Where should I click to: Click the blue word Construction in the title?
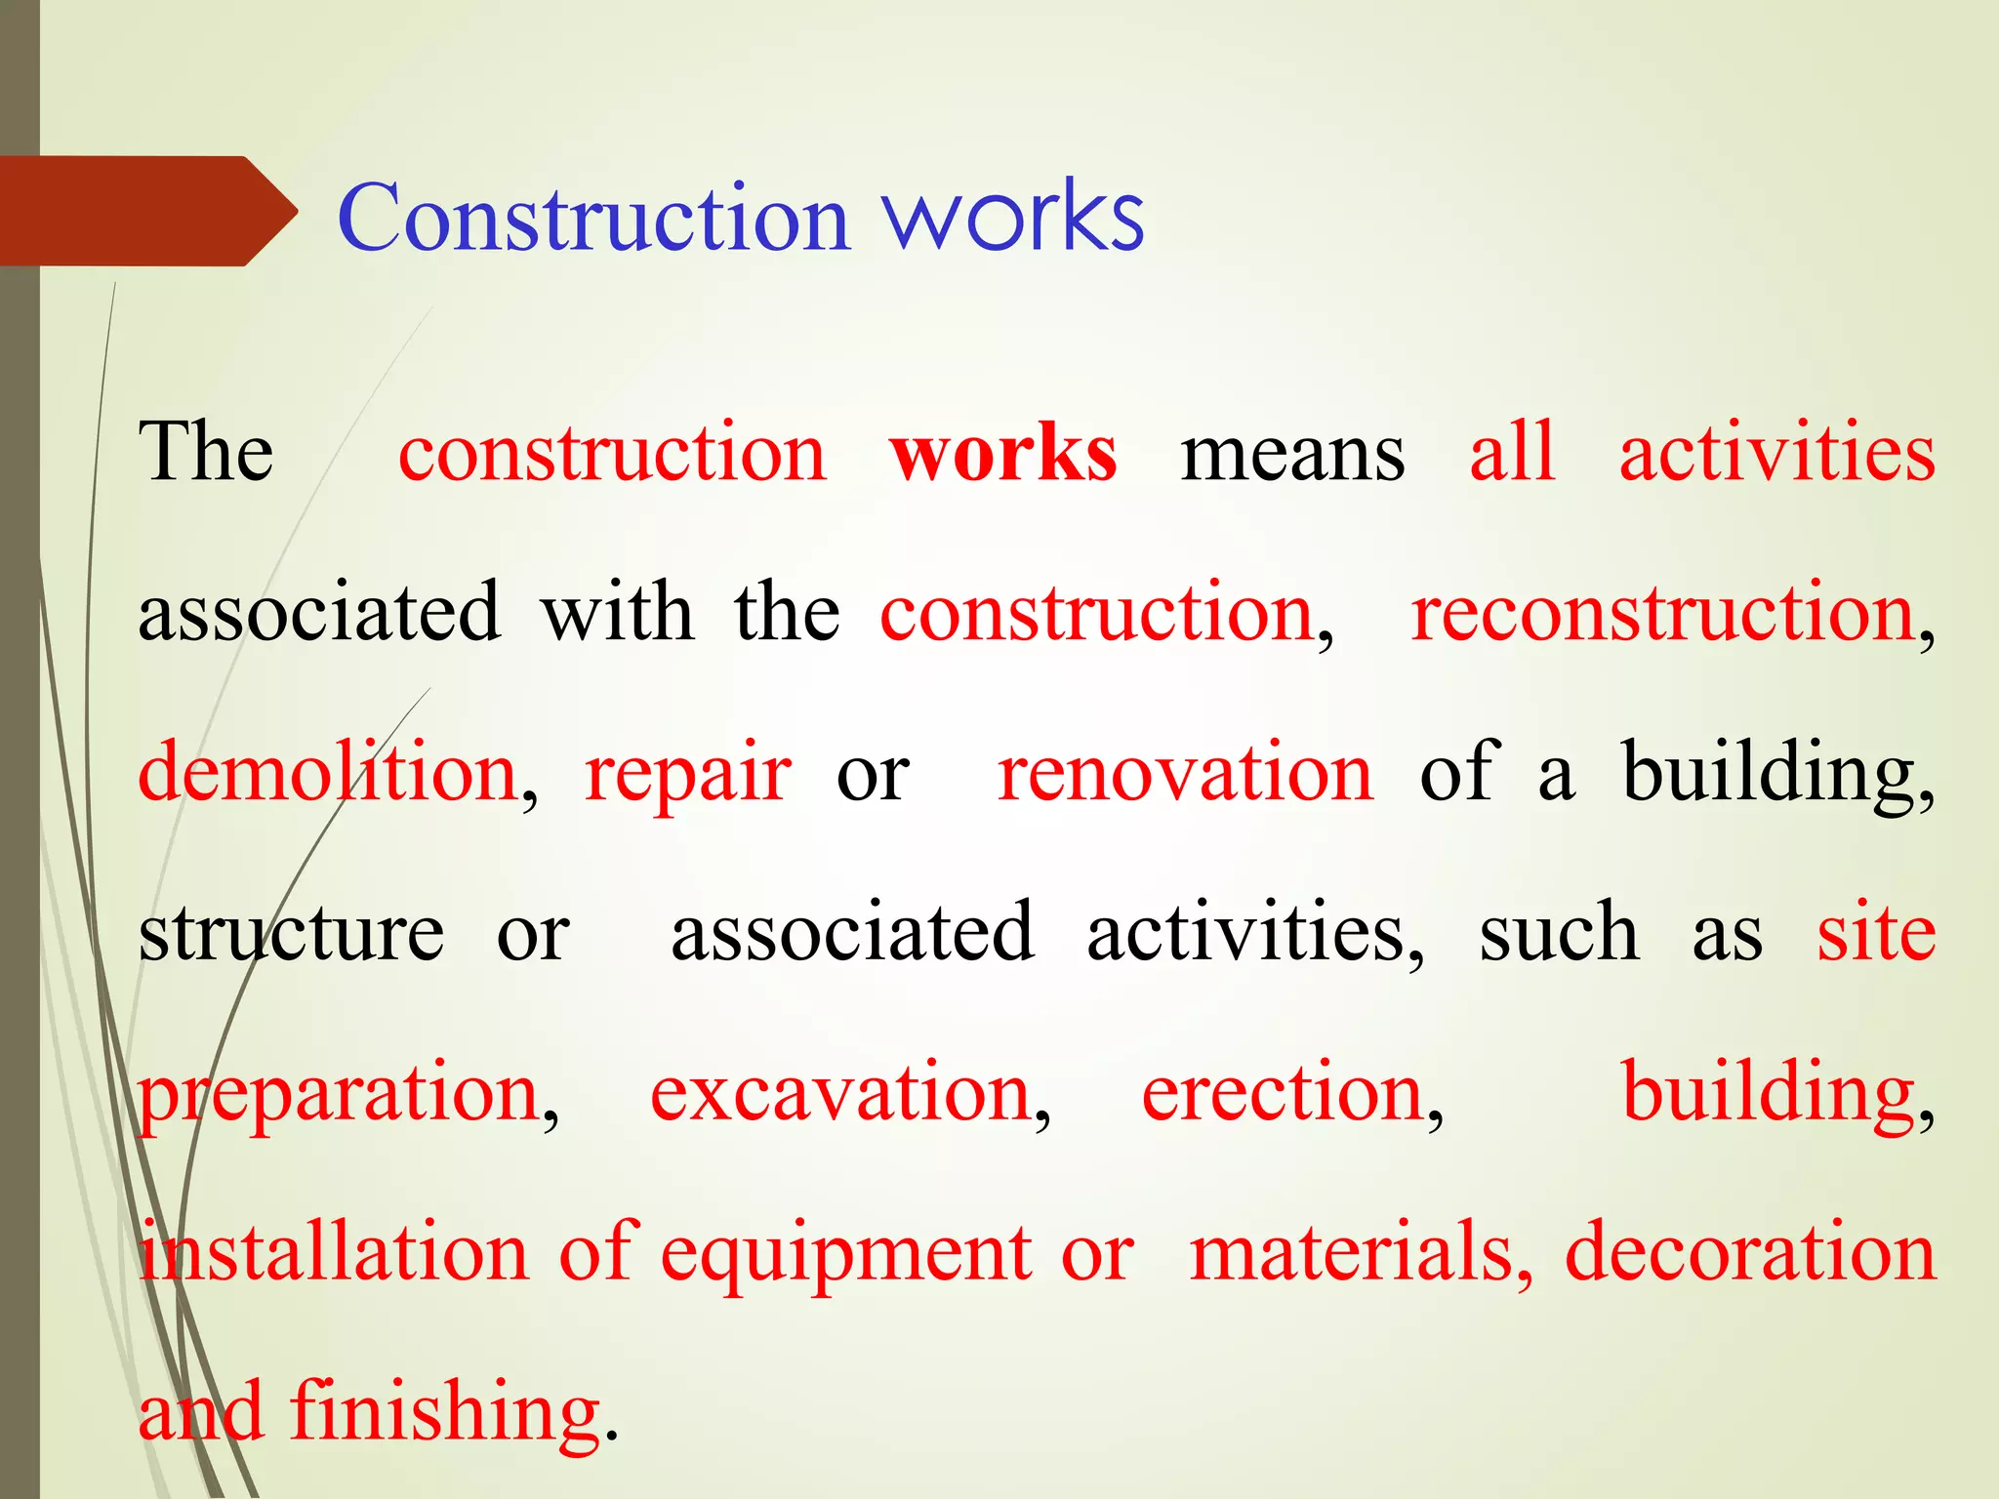pyautogui.click(x=592, y=219)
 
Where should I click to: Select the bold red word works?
pyautogui.click(x=1003, y=454)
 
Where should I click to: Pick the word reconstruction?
pyautogui.click(x=1663, y=614)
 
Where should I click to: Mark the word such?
pyautogui.click(x=1559, y=933)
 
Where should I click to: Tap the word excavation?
pyautogui.click(x=841, y=1093)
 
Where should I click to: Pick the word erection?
pyautogui.click(x=1283, y=1093)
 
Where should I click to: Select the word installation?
pyautogui.click(x=333, y=1253)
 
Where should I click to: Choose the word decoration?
pyautogui.click(x=1750, y=1253)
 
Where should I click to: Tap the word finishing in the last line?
pyautogui.click(x=445, y=1413)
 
